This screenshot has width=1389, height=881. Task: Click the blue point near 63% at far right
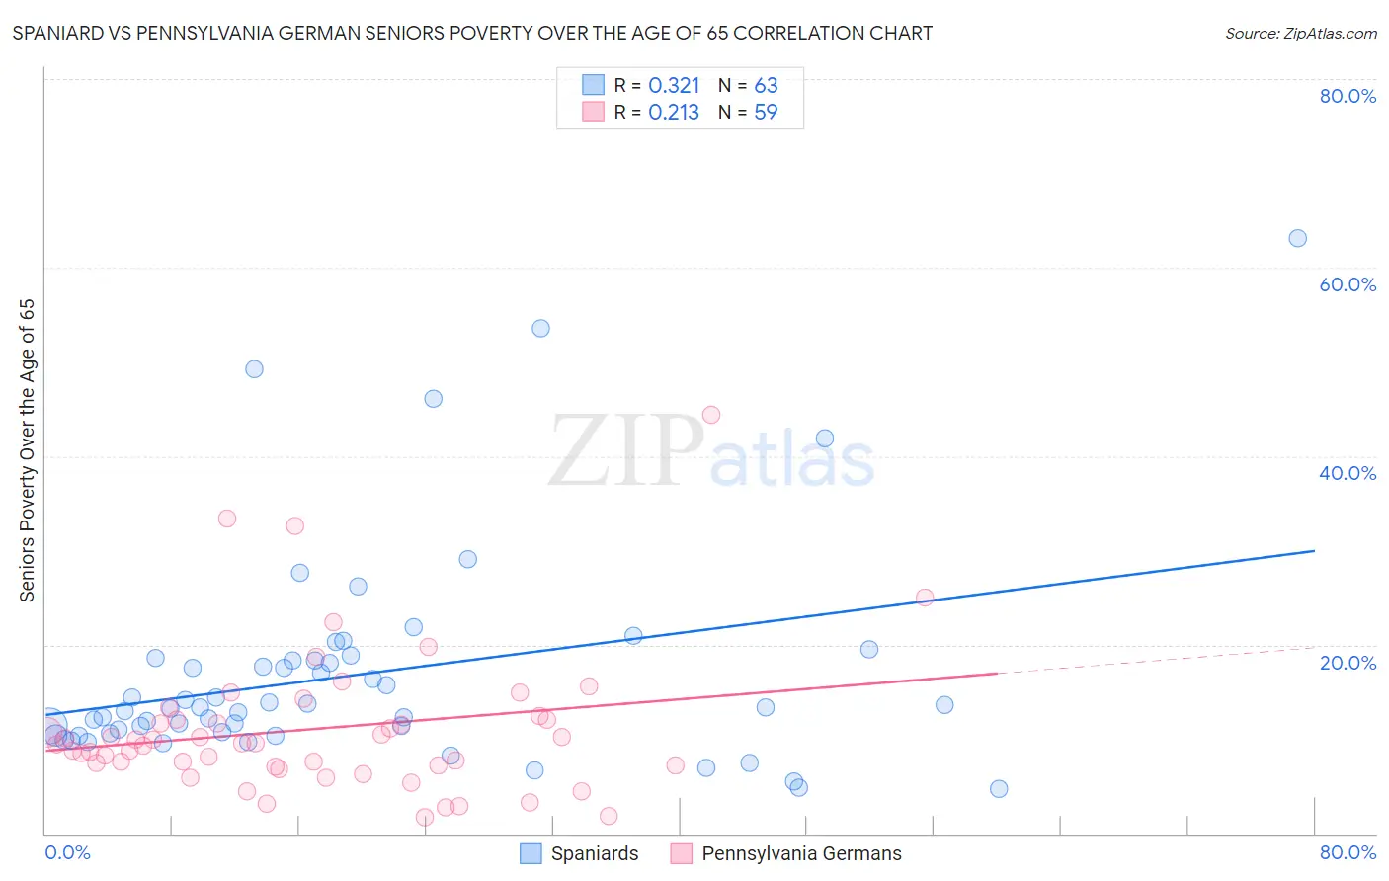pyautogui.click(x=1297, y=238)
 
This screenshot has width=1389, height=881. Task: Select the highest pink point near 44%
pyautogui.click(x=711, y=415)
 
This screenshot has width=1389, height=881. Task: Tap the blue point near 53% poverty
pyautogui.click(x=540, y=328)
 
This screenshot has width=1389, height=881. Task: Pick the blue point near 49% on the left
pyautogui.click(x=254, y=369)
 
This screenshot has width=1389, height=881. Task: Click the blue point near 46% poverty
pyautogui.click(x=433, y=399)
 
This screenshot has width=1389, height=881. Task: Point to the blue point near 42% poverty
pyautogui.click(x=825, y=439)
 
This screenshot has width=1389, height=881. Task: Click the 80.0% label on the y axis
pyautogui.click(x=1348, y=96)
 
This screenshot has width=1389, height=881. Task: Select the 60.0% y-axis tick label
pyautogui.click(x=1348, y=284)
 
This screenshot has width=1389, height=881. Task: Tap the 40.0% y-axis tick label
pyautogui.click(x=1348, y=473)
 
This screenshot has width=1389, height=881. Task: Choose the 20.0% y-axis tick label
pyautogui.click(x=1348, y=662)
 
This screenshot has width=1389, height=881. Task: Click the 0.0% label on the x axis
pyautogui.click(x=67, y=852)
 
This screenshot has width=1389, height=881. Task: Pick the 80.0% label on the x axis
pyautogui.click(x=1348, y=852)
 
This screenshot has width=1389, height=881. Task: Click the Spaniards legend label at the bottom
pyautogui.click(x=595, y=853)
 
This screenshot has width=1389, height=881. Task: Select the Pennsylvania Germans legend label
pyautogui.click(x=801, y=853)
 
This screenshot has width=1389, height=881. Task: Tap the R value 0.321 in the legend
pyautogui.click(x=674, y=86)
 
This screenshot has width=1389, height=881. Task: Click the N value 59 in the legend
pyautogui.click(x=766, y=113)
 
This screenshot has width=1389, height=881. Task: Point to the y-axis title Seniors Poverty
pyautogui.click(x=28, y=449)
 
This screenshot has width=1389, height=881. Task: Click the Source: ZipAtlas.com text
pyautogui.click(x=1300, y=34)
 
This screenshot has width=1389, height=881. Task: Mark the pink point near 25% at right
pyautogui.click(x=925, y=597)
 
